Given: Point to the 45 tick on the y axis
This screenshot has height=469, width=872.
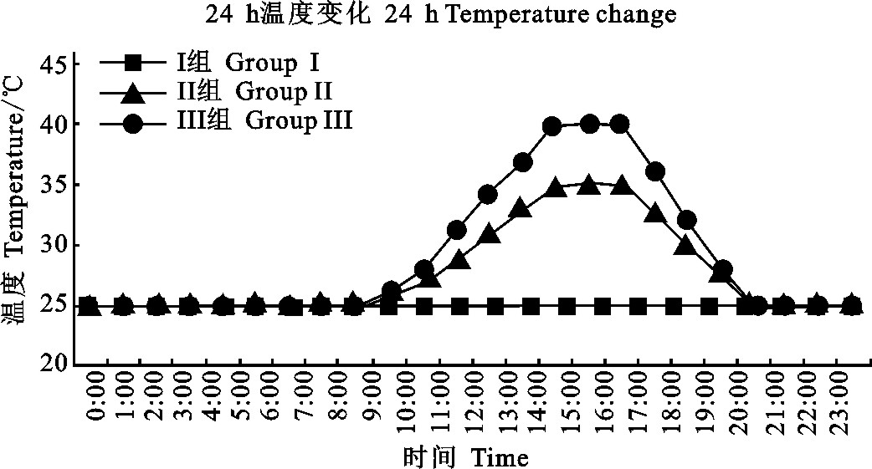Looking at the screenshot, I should pos(52,64).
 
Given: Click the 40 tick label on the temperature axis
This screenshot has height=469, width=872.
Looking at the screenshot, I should pos(52,124).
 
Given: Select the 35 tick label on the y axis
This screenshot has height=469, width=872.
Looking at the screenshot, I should pos(52,185).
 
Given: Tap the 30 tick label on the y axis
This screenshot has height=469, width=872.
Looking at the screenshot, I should pos(52,245).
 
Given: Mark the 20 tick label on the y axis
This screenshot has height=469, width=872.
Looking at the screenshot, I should pos(52,365).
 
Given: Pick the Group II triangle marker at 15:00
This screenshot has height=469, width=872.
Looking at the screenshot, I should pos(588,184).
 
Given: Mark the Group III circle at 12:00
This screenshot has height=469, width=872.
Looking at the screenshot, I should pos(488,195).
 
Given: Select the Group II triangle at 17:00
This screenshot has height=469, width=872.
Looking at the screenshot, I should pos(655,214).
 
